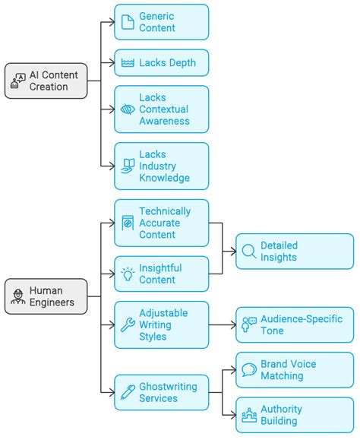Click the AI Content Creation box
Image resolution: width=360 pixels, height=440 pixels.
tap(46, 81)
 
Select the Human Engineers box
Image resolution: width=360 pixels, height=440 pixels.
tap(46, 296)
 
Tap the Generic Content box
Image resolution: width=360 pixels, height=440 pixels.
tap(161, 22)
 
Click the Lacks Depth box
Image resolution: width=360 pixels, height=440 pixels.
tap(161, 62)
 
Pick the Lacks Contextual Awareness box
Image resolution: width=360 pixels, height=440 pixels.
tap(161, 109)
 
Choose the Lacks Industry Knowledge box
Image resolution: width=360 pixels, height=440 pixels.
tap(161, 166)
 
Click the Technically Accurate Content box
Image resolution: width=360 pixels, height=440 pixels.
tap(161, 223)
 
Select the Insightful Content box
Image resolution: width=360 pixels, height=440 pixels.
tap(161, 274)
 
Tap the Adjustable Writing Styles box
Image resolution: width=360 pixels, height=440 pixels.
tap(161, 324)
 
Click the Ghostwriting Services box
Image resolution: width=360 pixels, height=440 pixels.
tap(161, 392)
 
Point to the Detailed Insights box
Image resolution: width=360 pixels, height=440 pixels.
tap(294, 252)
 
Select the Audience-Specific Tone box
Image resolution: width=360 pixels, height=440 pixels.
tap(294, 325)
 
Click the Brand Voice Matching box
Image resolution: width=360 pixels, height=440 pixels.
tap(294, 370)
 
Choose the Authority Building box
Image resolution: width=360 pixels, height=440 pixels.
tap(294, 415)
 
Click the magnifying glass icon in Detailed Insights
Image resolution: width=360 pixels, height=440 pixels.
tap(248, 252)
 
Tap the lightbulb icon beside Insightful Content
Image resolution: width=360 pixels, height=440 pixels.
tap(128, 274)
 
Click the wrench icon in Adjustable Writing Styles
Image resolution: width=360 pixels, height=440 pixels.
tap(128, 325)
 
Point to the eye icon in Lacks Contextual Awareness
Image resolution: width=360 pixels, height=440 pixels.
tap(128, 109)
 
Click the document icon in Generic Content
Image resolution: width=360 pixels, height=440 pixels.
tap(128, 22)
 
